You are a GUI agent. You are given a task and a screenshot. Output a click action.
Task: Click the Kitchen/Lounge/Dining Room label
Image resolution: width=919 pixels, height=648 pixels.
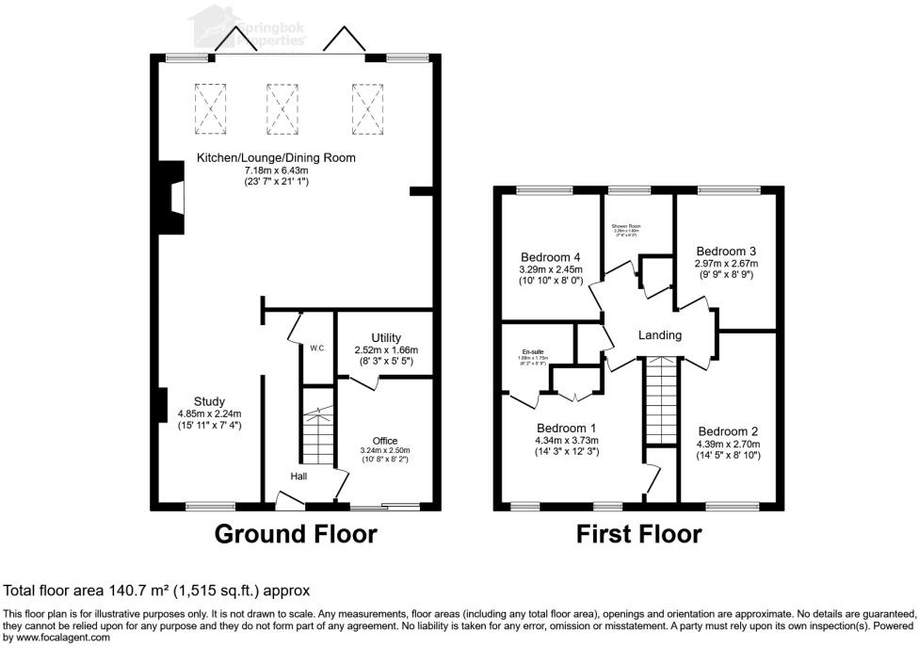pos(276,157)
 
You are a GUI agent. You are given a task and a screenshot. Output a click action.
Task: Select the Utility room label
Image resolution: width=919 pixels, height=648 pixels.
pos(387,338)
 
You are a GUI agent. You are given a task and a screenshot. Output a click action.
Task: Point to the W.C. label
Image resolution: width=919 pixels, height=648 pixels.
pos(317,348)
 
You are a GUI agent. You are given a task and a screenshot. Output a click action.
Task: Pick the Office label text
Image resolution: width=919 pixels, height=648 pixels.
pos(385,441)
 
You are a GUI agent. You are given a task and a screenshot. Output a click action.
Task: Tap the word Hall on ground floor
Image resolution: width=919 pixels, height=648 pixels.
pos(298,477)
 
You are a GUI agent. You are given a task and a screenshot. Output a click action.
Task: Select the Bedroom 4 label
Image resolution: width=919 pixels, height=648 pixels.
pos(550,257)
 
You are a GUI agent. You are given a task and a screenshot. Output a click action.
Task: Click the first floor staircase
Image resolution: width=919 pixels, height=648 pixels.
pos(660,400)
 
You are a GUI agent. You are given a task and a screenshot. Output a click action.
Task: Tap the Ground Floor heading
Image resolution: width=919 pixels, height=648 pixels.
pos(296,535)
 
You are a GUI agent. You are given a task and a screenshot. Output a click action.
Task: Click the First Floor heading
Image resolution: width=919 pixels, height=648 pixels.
pos(639,535)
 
